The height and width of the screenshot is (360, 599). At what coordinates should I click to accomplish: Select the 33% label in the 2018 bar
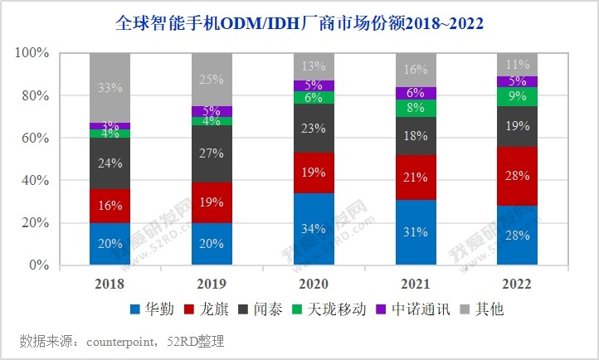click(110, 87)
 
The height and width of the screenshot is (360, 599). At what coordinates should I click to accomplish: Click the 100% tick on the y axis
click(32, 53)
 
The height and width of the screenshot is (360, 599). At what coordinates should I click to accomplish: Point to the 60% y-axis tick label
click(36, 139)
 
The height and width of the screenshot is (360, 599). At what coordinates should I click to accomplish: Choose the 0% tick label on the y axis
click(39, 265)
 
